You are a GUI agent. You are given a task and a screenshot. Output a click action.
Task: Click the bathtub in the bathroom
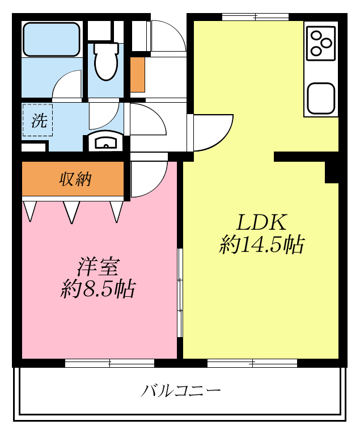[x=50, y=39]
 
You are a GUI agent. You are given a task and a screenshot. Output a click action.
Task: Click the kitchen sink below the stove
[x=321, y=98]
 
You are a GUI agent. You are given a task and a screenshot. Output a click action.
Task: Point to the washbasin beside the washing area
[x=105, y=142]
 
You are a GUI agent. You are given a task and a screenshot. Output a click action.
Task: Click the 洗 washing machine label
[x=38, y=120]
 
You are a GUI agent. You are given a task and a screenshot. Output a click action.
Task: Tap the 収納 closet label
[x=75, y=179]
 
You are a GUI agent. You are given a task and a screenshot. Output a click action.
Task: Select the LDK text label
[x=262, y=221]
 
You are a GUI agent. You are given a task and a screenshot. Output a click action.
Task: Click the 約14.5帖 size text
[x=262, y=245]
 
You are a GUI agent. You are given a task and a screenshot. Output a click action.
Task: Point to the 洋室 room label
[x=98, y=266]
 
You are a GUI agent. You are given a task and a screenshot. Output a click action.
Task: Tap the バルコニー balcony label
[x=181, y=391]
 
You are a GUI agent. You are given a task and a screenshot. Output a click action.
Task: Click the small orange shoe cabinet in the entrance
[x=137, y=74]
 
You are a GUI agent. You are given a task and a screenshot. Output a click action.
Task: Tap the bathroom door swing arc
[x=68, y=85]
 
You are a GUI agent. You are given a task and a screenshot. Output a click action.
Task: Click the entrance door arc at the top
[x=168, y=37]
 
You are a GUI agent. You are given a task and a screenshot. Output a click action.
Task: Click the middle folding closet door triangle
[x=71, y=211]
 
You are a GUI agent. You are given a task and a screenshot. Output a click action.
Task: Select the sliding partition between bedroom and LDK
[x=180, y=295]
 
